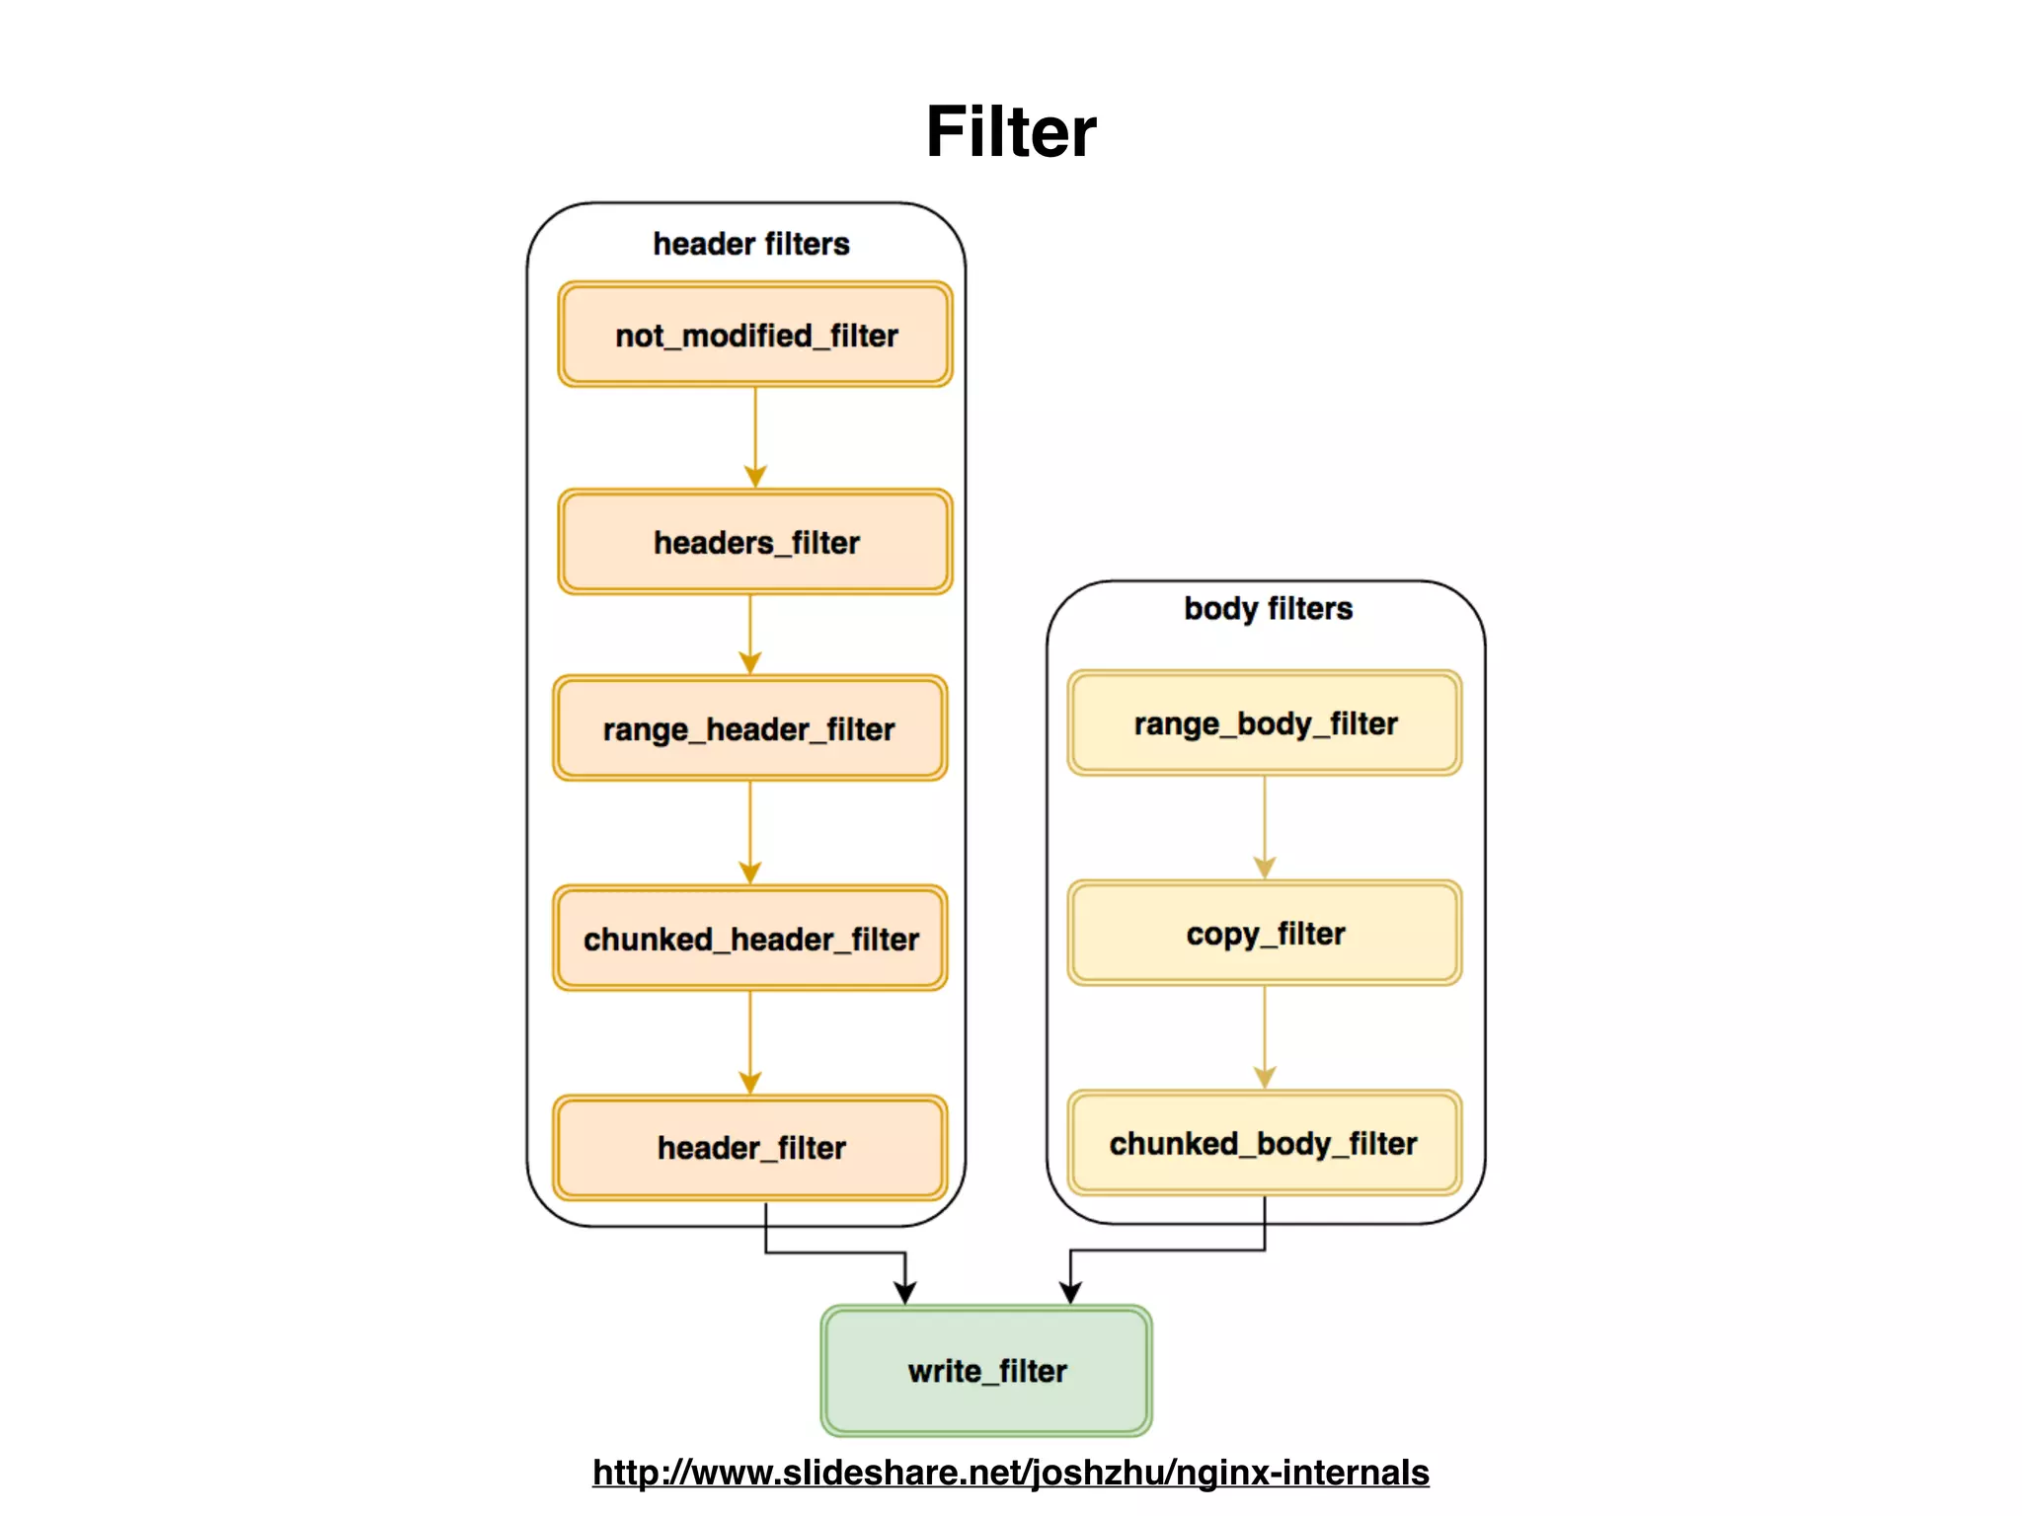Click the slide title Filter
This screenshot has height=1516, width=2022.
(1010, 131)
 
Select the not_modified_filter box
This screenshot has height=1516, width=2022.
(755, 335)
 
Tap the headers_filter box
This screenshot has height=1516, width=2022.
(755, 542)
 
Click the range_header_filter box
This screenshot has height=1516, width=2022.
(749, 728)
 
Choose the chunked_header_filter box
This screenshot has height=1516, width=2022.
(749, 939)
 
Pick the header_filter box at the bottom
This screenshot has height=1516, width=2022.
(749, 1147)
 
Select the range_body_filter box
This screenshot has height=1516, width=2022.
(1265, 723)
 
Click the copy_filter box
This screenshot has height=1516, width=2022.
(1265, 933)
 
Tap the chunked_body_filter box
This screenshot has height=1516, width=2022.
(1265, 1143)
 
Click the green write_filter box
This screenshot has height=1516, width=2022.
(986, 1370)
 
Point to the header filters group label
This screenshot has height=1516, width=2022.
(751, 244)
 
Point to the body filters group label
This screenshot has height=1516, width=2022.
(1268, 608)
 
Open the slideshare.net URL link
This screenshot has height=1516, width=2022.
(1010, 1473)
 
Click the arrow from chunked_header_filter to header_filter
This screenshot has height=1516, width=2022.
(750, 1042)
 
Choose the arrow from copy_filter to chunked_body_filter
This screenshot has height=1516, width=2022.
(1265, 1037)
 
